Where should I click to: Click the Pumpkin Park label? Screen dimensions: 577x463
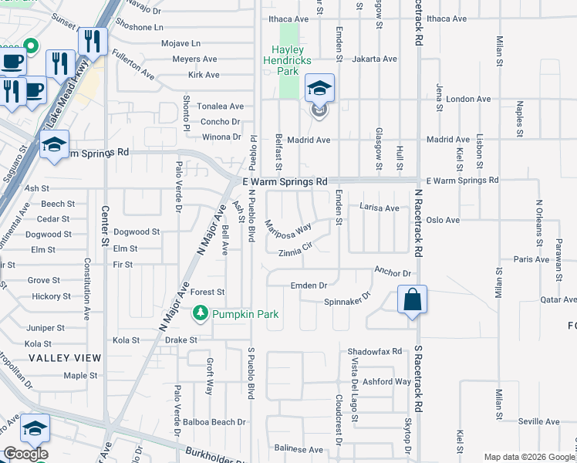(x=246, y=314)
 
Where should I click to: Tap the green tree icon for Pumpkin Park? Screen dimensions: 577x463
(x=201, y=313)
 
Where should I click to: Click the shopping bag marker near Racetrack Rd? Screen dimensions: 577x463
(x=413, y=299)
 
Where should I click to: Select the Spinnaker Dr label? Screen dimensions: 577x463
(x=347, y=299)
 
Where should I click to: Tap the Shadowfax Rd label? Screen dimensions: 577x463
(x=375, y=350)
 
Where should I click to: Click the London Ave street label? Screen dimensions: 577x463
(x=468, y=99)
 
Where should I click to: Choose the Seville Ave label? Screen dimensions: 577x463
(x=538, y=421)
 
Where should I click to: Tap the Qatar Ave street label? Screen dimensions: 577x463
(x=558, y=299)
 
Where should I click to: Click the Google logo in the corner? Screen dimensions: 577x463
(x=25, y=454)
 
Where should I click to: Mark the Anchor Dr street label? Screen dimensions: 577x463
(x=392, y=272)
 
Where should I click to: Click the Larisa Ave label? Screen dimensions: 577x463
(x=380, y=208)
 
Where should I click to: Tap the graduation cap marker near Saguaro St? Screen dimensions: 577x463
(x=55, y=145)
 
